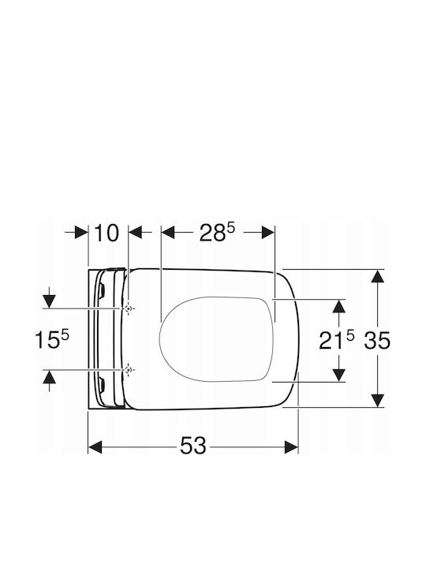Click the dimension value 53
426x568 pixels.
(x=193, y=445)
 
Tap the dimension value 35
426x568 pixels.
(x=377, y=341)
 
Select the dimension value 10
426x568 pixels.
(x=106, y=233)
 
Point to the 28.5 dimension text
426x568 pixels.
(x=217, y=233)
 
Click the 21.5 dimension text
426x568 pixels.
(x=337, y=340)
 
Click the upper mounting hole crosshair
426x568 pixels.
(x=128, y=308)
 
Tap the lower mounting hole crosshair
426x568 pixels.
(x=128, y=370)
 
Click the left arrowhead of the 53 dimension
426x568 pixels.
(x=95, y=447)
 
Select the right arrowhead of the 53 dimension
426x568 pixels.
(x=291, y=447)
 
